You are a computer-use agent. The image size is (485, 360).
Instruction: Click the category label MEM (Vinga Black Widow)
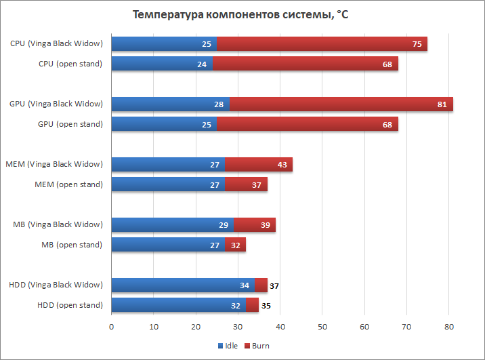[x=54, y=164]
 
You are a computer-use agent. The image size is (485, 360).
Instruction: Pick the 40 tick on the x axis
[x=280, y=326]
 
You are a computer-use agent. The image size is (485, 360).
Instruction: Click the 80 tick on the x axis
[x=448, y=326]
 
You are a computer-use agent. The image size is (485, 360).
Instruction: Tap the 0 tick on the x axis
[x=112, y=326]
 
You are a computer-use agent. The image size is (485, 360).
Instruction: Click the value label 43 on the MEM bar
[x=281, y=165]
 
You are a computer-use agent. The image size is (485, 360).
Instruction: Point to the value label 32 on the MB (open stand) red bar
[x=234, y=245]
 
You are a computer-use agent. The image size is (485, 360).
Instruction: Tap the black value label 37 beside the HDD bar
[x=274, y=286]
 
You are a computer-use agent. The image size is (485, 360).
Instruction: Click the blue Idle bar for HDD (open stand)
[x=173, y=305]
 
